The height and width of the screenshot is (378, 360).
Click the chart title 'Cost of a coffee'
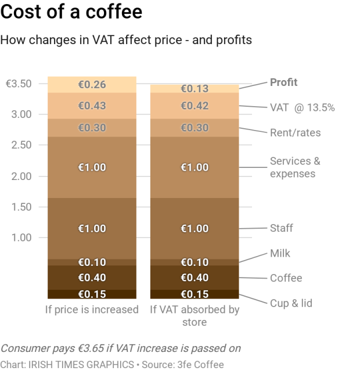click(x=71, y=12)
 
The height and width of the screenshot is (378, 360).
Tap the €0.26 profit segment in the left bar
click(x=92, y=84)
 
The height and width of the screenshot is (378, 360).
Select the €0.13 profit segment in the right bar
click(x=195, y=89)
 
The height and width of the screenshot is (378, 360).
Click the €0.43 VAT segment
click(x=92, y=106)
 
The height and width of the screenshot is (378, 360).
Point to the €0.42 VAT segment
click(x=195, y=106)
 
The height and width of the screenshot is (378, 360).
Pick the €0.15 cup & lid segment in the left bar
click(x=92, y=294)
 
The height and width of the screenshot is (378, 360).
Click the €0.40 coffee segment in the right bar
click(x=195, y=278)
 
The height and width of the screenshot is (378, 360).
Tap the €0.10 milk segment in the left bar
click(x=92, y=262)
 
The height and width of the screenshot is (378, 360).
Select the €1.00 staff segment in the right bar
click(x=195, y=228)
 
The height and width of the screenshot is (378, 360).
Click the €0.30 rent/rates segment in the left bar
click(x=92, y=128)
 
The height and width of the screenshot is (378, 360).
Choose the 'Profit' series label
click(x=283, y=82)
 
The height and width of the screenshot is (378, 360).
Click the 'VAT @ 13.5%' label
click(x=302, y=107)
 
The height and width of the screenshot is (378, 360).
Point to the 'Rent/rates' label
click(x=295, y=133)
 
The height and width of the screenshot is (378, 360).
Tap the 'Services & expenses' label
click(x=295, y=167)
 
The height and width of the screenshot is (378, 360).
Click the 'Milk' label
click(x=280, y=253)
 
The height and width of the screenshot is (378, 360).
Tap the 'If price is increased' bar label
click(x=92, y=309)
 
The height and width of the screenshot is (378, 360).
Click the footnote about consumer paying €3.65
click(x=120, y=348)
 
